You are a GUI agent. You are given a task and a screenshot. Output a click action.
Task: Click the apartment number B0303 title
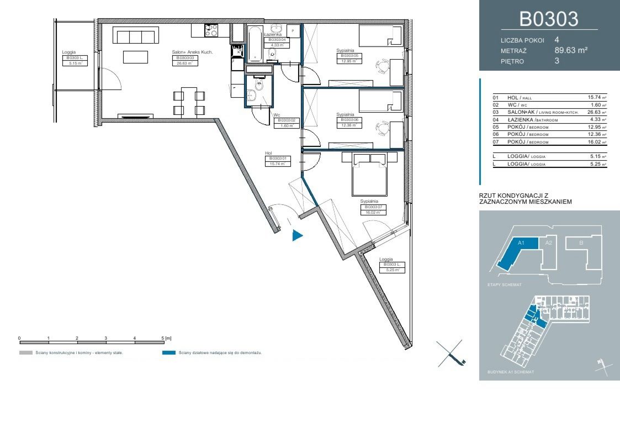[x=549, y=19]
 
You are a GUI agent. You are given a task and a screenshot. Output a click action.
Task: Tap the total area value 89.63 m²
[x=570, y=50]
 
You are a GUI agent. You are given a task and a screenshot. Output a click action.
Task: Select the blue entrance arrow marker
[x=297, y=236]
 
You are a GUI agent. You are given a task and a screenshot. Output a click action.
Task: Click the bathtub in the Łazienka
[x=256, y=44]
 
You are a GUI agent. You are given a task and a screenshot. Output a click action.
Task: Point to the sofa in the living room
[x=135, y=36]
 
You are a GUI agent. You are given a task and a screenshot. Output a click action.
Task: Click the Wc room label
[x=277, y=115]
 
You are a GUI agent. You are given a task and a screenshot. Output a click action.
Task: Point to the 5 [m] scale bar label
[x=166, y=337]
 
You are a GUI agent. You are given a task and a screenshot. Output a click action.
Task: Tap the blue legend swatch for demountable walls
[x=169, y=352]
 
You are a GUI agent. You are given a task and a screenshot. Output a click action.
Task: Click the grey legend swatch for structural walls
[x=25, y=352]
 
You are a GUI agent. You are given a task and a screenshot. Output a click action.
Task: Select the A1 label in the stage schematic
[x=521, y=242]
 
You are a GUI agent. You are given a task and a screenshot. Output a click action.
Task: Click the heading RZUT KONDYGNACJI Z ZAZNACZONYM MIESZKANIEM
[x=526, y=199]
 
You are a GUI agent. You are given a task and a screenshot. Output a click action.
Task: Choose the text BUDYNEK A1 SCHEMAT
[x=510, y=372]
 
